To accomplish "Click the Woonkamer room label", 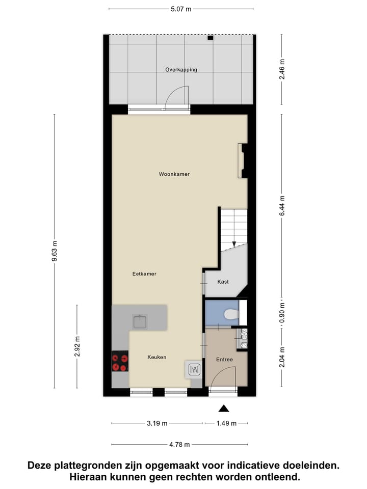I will [x=174, y=174].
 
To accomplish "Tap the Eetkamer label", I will [x=144, y=274].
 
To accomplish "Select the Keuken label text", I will [x=157, y=358].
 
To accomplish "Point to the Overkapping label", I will [x=181, y=70].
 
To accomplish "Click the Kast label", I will [x=223, y=282].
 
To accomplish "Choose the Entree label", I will [x=224, y=360].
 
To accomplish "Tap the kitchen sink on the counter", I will [x=140, y=321].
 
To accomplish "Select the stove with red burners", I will [x=121, y=362].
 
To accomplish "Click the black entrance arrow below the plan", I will [x=224, y=407].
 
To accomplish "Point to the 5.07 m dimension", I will [x=181, y=9].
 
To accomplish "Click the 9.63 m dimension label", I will [x=55, y=252].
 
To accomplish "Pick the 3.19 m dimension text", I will [x=158, y=423].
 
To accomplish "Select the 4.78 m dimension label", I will [x=179, y=445].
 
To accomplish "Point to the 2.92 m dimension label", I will [x=77, y=346].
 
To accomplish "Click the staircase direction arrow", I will [x=234, y=244].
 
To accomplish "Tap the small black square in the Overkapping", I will [x=209, y=38].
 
